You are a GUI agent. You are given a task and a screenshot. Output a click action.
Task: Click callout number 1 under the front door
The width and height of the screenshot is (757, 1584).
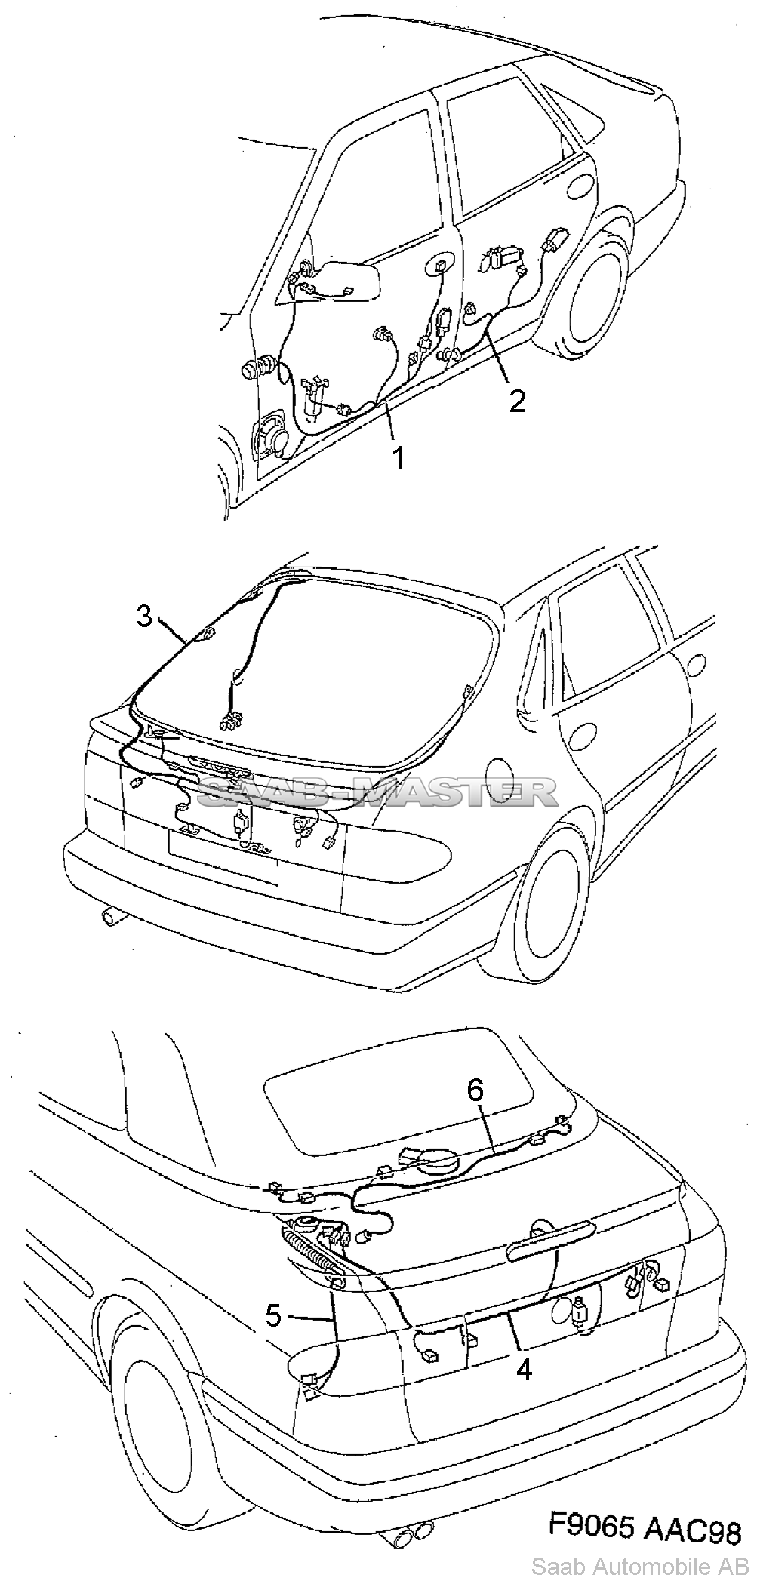[397, 457]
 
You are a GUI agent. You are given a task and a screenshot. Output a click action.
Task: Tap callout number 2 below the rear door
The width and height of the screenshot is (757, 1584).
[517, 401]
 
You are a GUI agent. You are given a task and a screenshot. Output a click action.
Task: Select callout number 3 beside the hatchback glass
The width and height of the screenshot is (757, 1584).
[145, 616]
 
